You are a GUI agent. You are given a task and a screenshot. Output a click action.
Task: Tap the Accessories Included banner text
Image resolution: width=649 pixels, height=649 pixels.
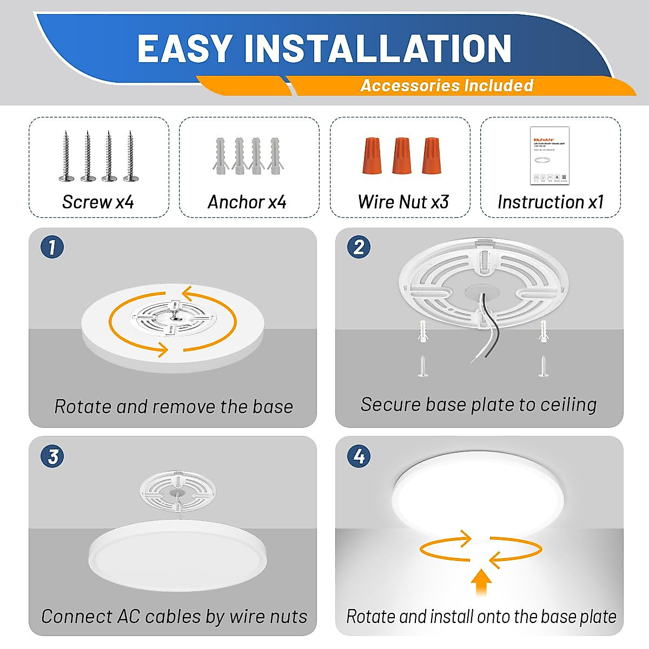click(447, 85)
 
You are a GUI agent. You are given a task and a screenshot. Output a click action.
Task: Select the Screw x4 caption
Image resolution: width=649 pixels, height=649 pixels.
click(98, 202)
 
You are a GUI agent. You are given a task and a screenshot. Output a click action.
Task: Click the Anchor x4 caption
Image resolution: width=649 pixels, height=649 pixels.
click(247, 202)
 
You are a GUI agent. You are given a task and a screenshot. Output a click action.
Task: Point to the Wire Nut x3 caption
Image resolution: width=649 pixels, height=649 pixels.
click(403, 202)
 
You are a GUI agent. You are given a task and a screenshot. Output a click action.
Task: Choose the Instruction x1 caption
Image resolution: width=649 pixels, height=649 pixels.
click(550, 202)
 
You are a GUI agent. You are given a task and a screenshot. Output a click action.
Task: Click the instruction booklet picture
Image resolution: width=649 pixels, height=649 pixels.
click(549, 156)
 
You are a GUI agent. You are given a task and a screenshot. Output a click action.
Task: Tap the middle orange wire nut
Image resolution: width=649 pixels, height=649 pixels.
click(401, 155)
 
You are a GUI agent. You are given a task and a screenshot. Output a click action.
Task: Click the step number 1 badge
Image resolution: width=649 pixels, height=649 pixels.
click(52, 247)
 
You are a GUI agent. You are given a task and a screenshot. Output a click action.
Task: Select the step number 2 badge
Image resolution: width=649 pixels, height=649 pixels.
click(359, 247)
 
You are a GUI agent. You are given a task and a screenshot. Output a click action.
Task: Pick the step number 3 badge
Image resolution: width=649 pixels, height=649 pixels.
click(52, 456)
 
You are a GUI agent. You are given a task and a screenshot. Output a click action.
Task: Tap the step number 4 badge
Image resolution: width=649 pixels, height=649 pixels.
click(359, 456)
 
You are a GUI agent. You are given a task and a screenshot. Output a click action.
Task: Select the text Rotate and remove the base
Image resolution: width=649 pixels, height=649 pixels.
click(173, 406)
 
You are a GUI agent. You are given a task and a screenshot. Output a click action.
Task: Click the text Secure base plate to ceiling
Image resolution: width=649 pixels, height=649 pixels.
click(479, 404)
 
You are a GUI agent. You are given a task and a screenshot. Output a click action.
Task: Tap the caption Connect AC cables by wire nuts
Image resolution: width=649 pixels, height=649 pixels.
click(174, 616)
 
